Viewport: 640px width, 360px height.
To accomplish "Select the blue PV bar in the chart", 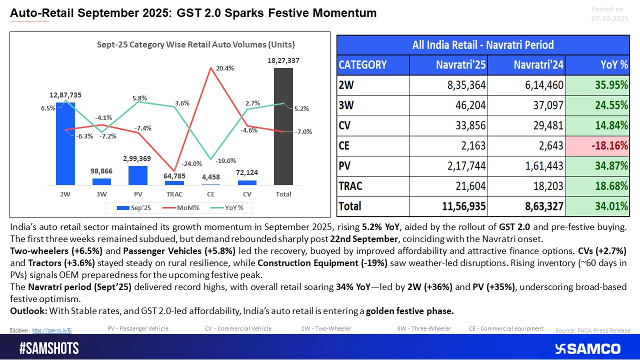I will point(138,175).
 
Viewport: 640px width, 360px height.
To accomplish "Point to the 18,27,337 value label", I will point(283,60).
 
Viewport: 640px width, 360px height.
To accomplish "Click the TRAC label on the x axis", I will point(174,194).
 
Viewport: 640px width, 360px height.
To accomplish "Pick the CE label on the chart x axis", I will point(210,194).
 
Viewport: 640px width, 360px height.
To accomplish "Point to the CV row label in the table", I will point(345,125).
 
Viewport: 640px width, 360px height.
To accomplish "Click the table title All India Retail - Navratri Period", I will point(483,44).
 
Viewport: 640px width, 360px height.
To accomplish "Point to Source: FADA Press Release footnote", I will point(592,330).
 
